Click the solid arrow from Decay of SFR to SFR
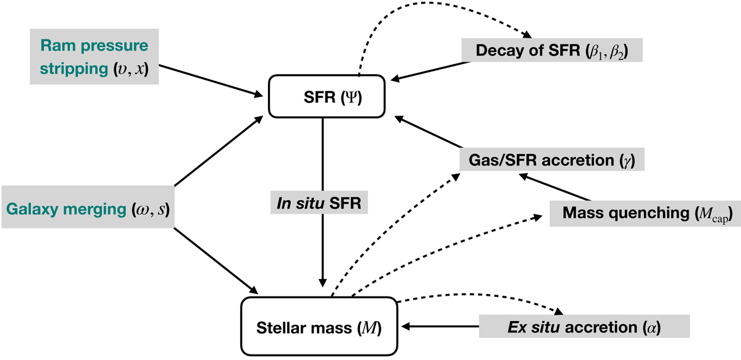[x=429, y=71]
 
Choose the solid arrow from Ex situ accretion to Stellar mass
[x=438, y=326]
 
